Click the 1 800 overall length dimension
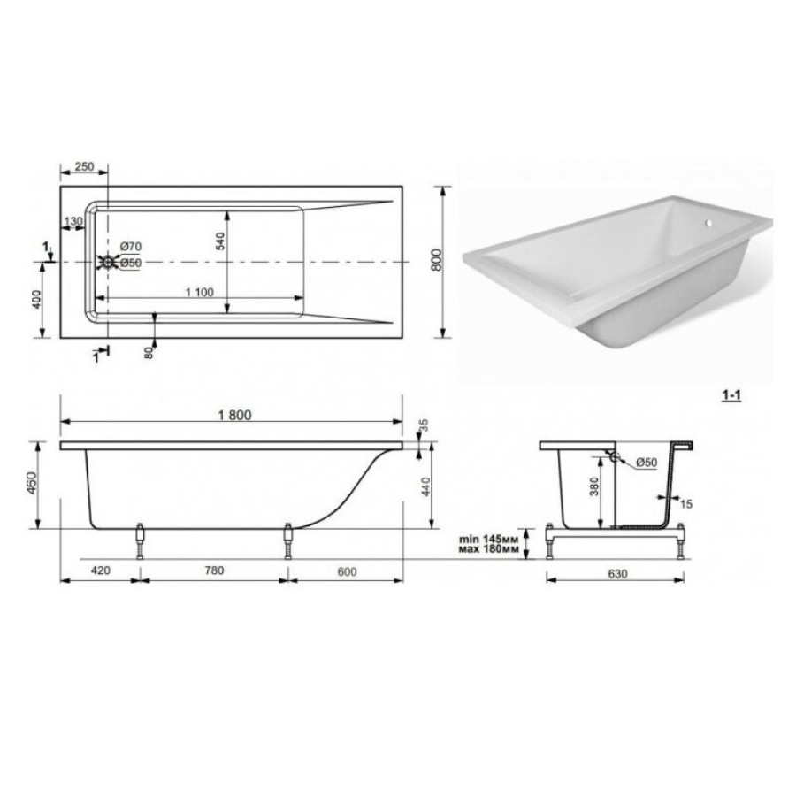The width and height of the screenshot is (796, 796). [x=234, y=416]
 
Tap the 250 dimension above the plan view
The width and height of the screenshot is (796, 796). [x=84, y=166]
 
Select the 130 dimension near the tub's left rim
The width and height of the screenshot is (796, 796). [x=73, y=221]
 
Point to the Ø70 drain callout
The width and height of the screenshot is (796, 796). [x=131, y=246]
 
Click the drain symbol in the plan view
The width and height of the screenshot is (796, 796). [x=108, y=262]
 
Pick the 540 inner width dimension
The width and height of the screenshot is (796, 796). [x=220, y=241]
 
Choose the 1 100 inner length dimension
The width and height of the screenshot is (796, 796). [x=200, y=293]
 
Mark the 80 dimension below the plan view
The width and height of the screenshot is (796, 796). [x=149, y=353]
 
